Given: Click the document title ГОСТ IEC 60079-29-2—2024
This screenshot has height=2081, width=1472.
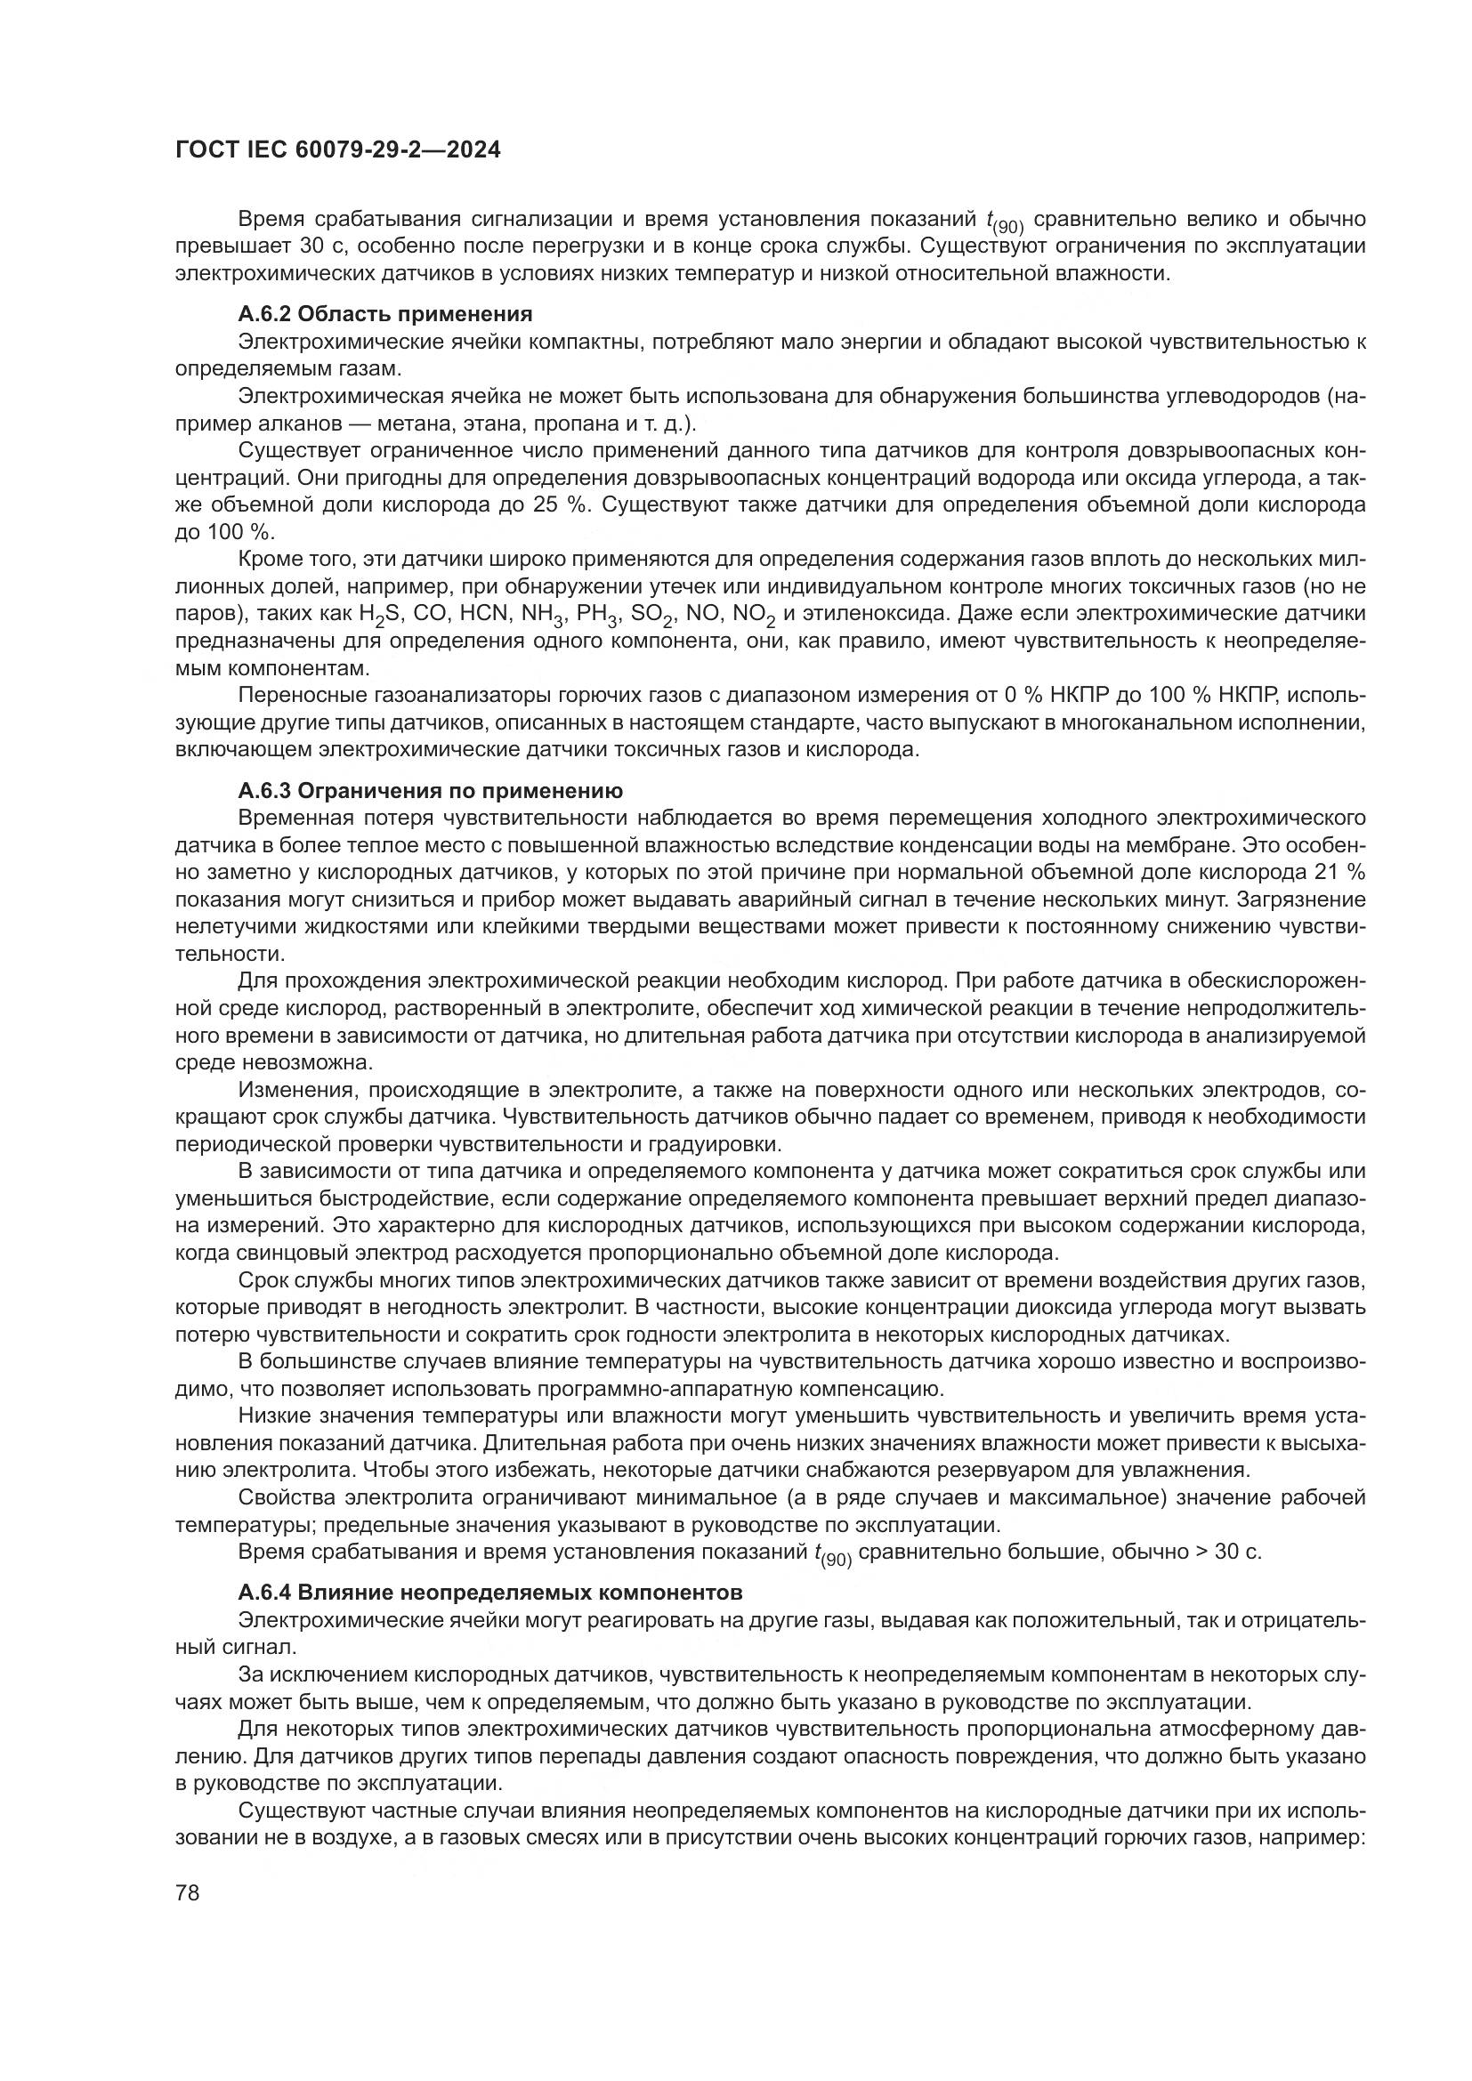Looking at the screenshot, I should point(337,150).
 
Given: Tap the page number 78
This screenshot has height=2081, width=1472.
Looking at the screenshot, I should point(188,1892).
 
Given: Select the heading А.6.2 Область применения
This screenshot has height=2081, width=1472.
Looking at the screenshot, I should point(385,314).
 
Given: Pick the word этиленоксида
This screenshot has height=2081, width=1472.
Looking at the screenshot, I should point(867,614).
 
